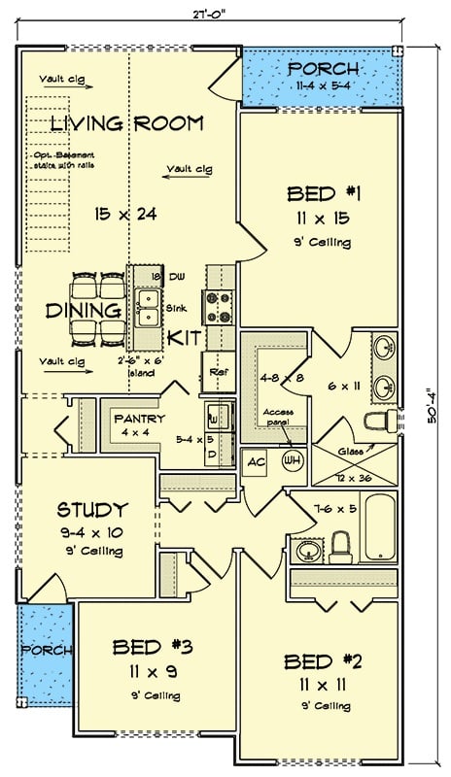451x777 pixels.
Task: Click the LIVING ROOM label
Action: (126, 123)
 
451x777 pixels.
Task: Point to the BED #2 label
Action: (323, 661)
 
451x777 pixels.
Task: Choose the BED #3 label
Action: (151, 646)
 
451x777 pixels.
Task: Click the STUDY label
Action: (92, 509)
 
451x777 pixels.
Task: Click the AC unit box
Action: (256, 461)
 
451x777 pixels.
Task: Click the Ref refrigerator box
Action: (216, 372)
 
